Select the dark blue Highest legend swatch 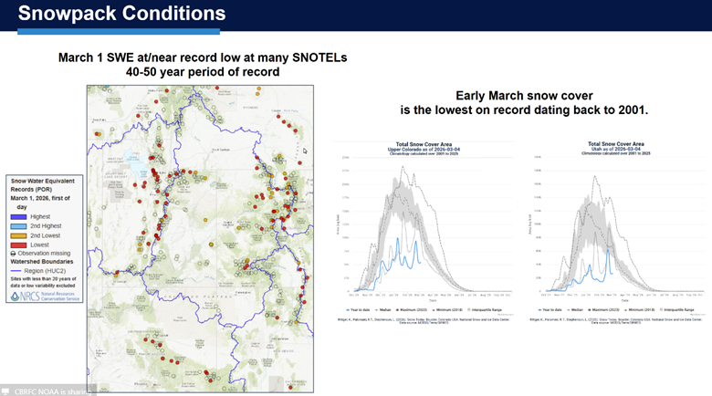19,216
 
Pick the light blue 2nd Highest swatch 19,224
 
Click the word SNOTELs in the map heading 315,57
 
